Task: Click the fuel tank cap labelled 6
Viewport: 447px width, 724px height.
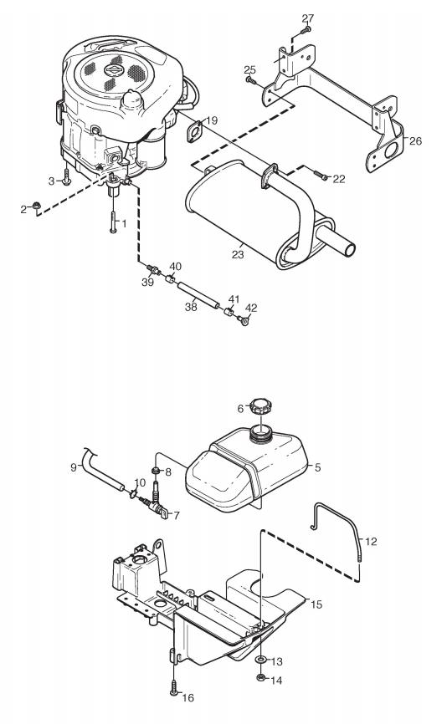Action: [262, 407]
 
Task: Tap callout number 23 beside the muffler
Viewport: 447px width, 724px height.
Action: [238, 254]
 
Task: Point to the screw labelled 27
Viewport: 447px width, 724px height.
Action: [305, 30]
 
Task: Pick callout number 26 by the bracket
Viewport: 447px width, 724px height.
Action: [415, 140]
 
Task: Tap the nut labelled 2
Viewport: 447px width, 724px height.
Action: [36, 206]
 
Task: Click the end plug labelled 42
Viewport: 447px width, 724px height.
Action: [244, 319]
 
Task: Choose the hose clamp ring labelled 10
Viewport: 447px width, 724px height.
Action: [133, 495]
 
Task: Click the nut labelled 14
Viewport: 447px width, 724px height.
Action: [260, 677]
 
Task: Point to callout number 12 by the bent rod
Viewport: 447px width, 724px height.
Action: [371, 541]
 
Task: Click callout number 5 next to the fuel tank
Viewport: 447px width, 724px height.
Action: [317, 467]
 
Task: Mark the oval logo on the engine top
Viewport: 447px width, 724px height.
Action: [113, 69]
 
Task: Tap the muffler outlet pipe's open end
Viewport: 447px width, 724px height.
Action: [350, 250]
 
